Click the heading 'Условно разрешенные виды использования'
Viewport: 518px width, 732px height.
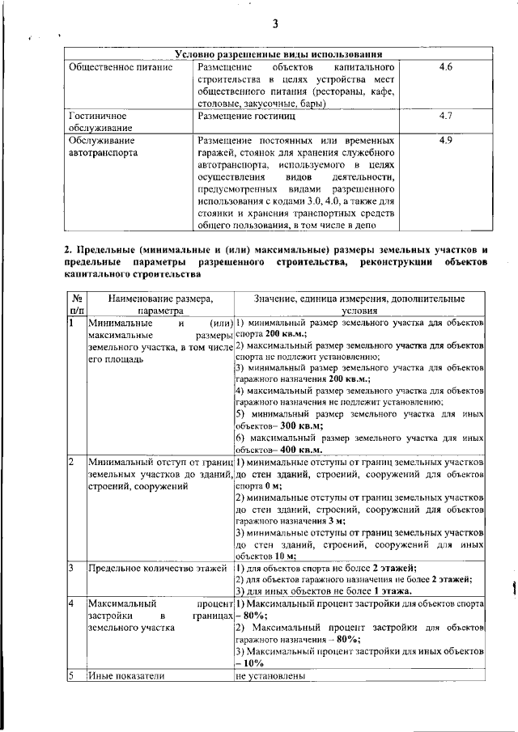tap(278, 54)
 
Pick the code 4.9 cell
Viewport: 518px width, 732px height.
tap(444, 141)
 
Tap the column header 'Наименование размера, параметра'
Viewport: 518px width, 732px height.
tap(159, 303)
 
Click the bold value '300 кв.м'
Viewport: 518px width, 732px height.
tap(299, 425)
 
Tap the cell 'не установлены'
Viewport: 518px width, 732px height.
tap(270, 676)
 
